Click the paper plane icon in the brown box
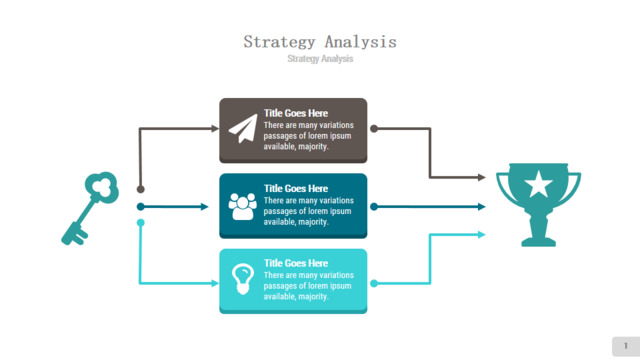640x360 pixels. [244, 129]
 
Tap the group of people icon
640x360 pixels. [242, 207]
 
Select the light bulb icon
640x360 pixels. [243, 279]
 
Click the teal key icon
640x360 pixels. [90, 208]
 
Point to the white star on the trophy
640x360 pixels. [538, 184]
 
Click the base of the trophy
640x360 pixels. [538, 242]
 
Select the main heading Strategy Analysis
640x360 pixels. [320, 42]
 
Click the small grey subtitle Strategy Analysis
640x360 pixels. [320, 59]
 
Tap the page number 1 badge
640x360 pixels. [626, 346]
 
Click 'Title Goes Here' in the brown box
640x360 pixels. [296, 113]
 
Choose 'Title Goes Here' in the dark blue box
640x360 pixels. [296, 189]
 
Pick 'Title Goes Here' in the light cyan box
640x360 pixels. [296, 263]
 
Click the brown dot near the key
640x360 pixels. [140, 189]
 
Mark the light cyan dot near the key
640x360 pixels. [140, 223]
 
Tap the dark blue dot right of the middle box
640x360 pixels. [374, 207]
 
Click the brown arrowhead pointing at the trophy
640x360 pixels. [482, 177]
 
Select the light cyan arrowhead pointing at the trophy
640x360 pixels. [482, 235]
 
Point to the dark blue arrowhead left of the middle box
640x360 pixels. [204, 207]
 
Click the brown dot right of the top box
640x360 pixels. [374, 129]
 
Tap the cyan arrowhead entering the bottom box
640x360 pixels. [215, 283]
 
